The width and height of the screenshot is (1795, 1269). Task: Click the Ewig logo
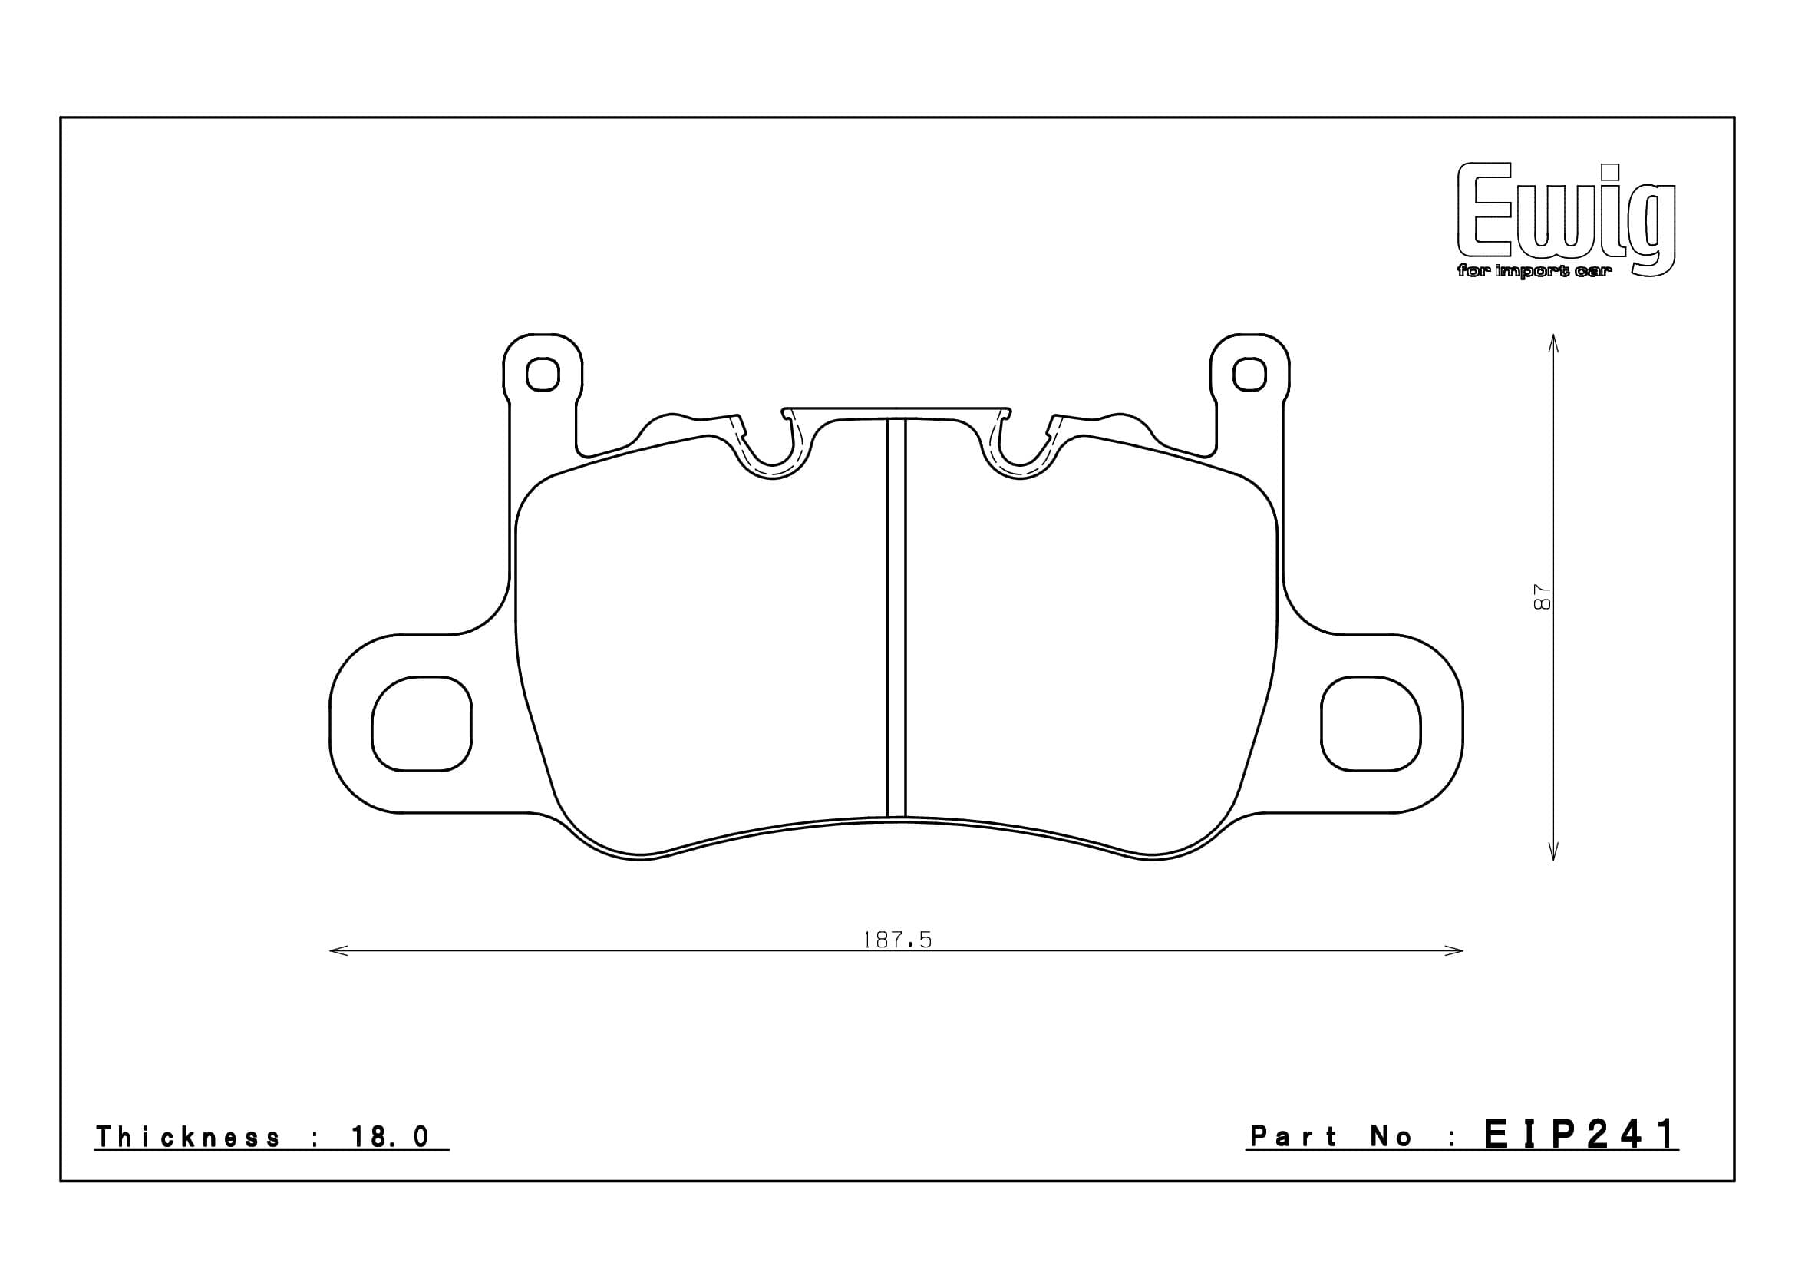tap(1567, 220)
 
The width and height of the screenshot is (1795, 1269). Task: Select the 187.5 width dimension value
tap(896, 940)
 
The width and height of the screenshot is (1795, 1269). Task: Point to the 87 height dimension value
tap(1543, 598)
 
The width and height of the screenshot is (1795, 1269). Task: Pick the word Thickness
tap(187, 1137)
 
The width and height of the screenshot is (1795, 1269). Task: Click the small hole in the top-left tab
tap(543, 375)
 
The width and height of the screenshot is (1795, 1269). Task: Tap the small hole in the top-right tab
tap(1249, 375)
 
